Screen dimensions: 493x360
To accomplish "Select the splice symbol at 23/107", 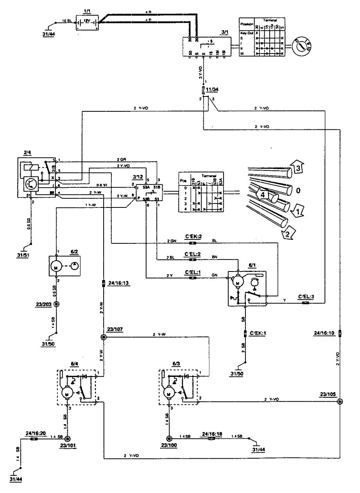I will [x=104, y=337].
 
